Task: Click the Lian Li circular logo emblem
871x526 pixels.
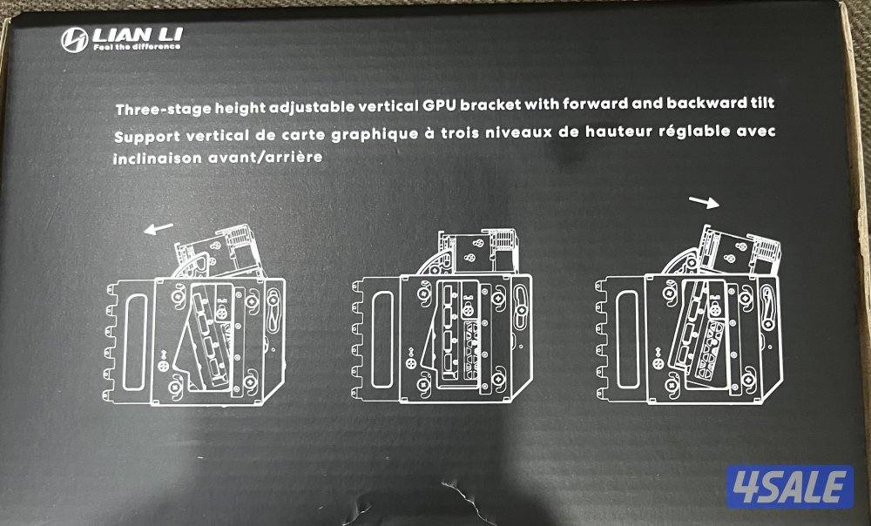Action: tap(74, 40)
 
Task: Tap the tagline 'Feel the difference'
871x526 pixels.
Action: tap(137, 47)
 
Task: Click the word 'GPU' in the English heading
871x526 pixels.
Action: tap(439, 105)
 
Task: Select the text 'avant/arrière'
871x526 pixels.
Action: tap(265, 157)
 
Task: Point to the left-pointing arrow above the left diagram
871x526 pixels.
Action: tap(159, 228)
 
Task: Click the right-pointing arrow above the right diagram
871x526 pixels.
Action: tap(704, 202)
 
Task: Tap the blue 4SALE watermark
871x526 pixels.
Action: tap(789, 487)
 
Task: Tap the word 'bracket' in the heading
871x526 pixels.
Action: tap(490, 105)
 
